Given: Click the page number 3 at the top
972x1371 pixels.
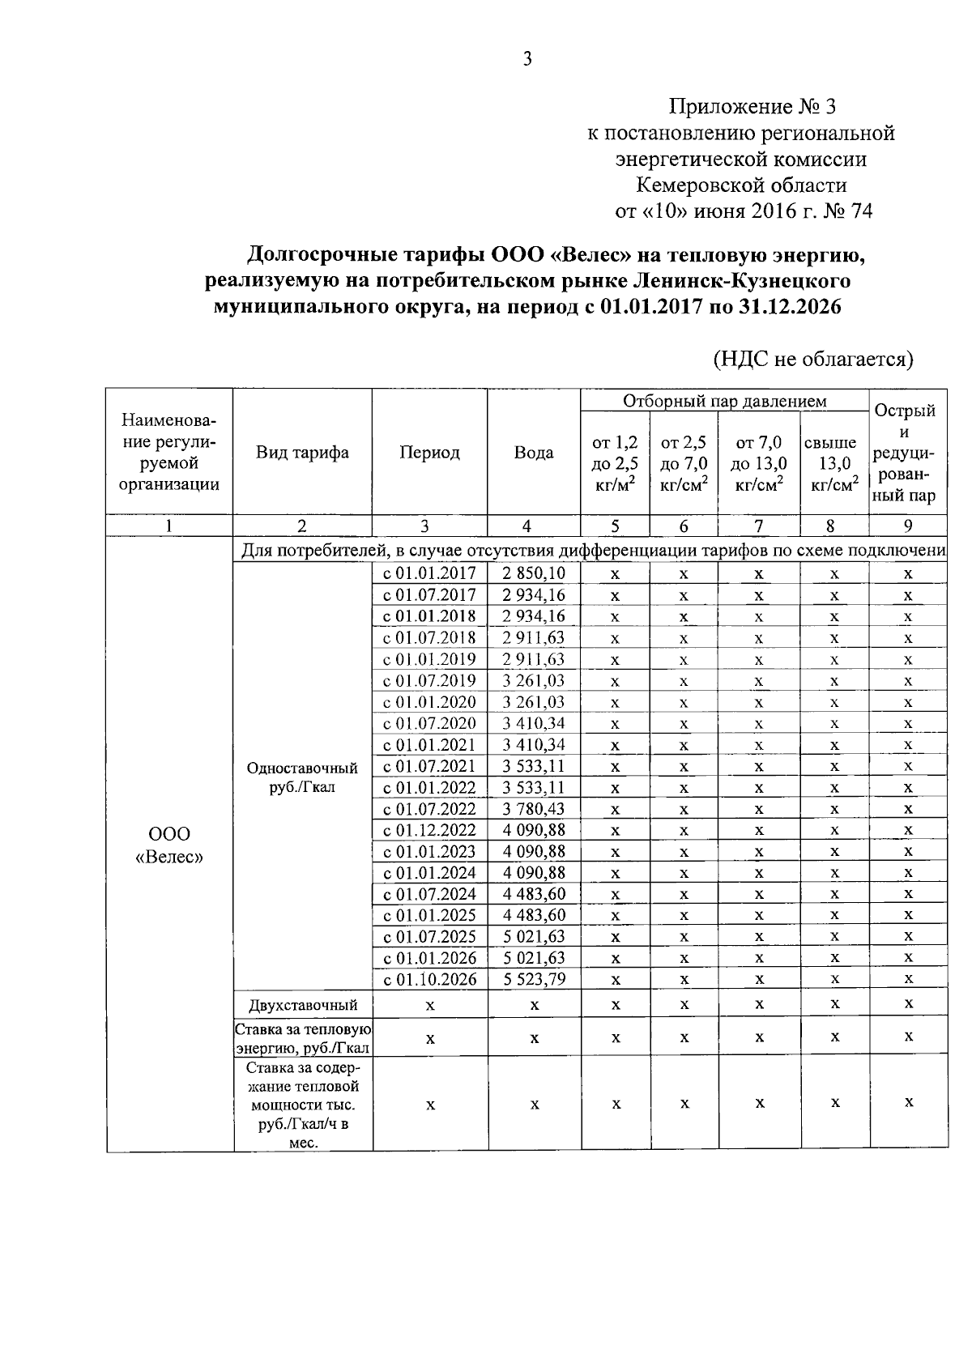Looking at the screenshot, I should coord(527,59).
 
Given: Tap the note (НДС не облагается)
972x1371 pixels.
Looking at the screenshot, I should coord(812,359).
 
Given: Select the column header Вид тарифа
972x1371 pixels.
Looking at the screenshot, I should coord(302,452).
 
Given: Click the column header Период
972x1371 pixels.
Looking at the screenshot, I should coord(429,452).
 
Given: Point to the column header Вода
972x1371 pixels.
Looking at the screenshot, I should coord(534,452).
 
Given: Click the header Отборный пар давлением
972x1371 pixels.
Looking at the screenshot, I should coord(724,401).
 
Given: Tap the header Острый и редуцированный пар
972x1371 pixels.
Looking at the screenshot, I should coord(907,452).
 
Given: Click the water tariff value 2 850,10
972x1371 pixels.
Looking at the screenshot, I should coord(533,574).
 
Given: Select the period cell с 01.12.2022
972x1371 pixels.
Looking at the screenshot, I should coord(429,830).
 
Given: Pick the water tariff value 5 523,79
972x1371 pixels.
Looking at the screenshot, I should coord(533,979).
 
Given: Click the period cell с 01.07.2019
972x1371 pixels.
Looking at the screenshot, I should coord(429,680).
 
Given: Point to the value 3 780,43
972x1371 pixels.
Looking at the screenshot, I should coord(533,808).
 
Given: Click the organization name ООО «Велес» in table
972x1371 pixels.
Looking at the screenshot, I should coord(168,845).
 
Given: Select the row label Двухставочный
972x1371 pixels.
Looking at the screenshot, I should coord(303,1005).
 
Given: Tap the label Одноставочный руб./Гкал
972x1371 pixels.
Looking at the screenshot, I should coord(302,777).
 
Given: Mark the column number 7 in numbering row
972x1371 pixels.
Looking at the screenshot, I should coord(758,526).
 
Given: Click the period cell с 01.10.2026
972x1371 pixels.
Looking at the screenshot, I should coord(429,979).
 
